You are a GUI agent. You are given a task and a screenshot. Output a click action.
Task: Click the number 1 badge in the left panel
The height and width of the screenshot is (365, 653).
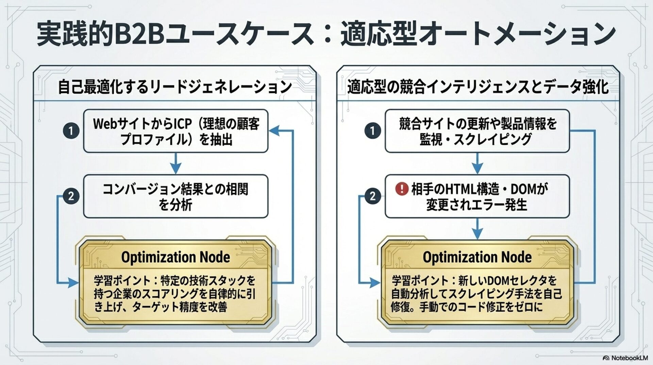[x=71, y=131]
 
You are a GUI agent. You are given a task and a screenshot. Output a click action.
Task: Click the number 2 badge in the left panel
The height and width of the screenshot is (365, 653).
[x=71, y=196]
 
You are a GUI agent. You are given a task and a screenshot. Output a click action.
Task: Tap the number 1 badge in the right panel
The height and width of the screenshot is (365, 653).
[x=372, y=131]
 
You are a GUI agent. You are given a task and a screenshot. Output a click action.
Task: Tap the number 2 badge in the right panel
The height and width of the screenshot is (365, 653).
[x=372, y=196]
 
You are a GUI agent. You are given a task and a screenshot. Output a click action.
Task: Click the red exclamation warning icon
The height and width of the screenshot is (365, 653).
[x=402, y=188]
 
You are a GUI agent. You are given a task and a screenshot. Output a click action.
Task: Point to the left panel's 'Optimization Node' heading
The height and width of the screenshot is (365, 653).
[x=175, y=257]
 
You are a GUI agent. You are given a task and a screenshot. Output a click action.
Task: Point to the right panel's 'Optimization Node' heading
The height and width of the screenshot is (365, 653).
[x=477, y=257]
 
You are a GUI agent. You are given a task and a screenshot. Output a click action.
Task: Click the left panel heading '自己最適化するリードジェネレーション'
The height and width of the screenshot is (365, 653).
[x=175, y=87]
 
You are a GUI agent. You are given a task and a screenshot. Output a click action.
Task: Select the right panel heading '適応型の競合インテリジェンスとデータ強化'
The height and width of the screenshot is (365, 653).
[x=478, y=87]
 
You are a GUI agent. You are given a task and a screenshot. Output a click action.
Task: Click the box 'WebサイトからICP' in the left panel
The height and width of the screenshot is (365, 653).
[x=175, y=131]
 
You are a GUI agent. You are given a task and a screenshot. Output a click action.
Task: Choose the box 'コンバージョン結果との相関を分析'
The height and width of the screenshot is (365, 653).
[x=175, y=196]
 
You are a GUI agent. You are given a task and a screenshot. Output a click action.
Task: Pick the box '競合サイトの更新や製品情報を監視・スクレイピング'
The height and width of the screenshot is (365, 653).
[x=477, y=131]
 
